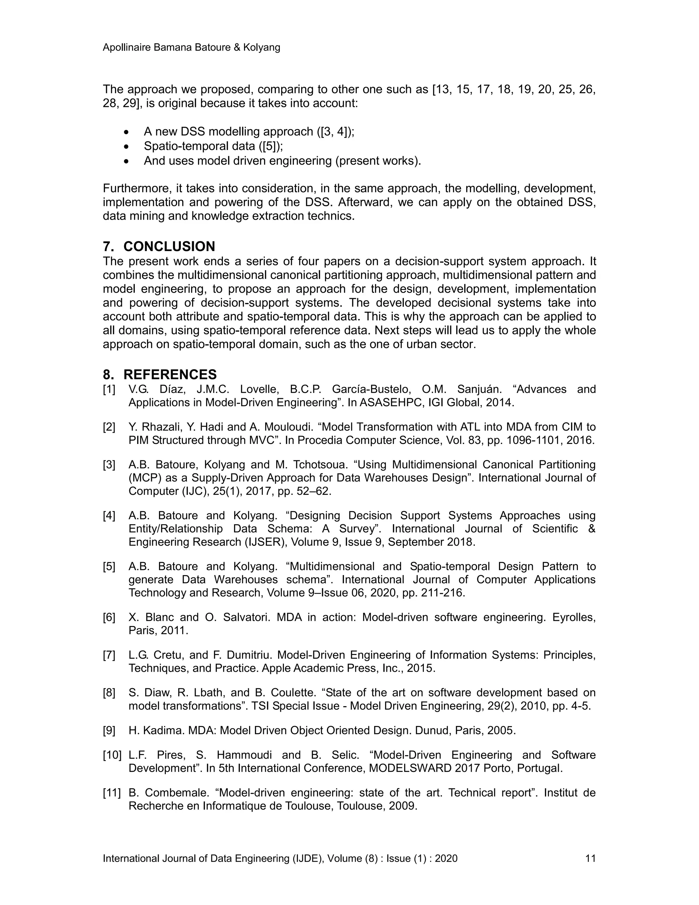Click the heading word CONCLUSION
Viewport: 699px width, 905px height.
coord(169,247)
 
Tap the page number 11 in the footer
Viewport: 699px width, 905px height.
coord(590,858)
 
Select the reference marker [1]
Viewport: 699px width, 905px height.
coord(109,390)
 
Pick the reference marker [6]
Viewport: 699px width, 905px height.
coord(109,617)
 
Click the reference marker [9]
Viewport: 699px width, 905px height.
coord(109,730)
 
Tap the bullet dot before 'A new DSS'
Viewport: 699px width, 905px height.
coord(127,132)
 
